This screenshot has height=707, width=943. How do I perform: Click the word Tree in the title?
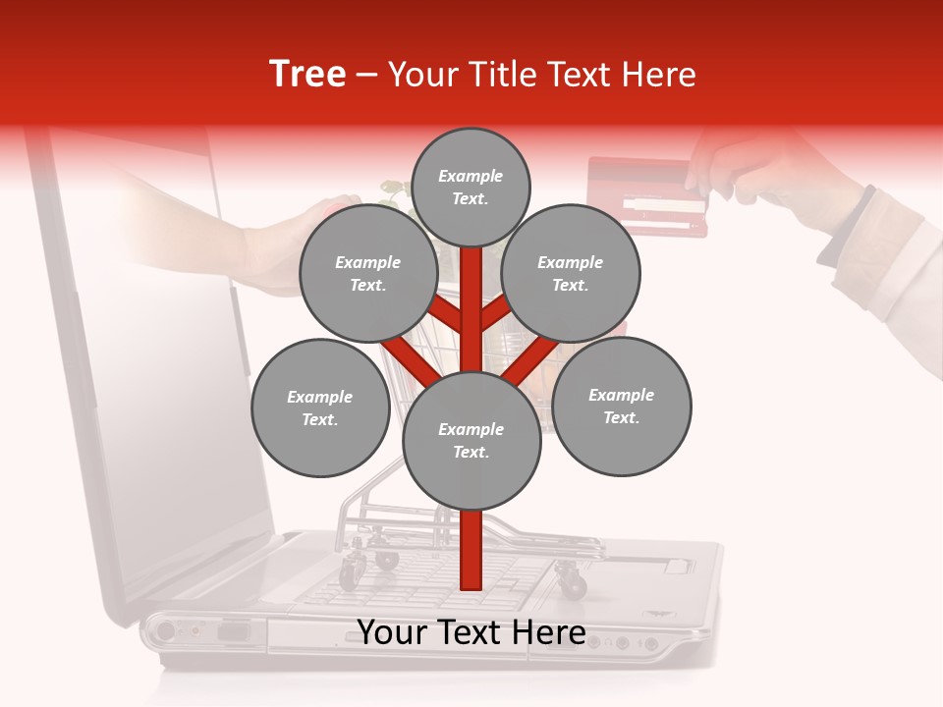click(x=307, y=75)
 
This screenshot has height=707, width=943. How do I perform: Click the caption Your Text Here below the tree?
click(x=471, y=632)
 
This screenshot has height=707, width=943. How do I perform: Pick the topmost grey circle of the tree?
click(x=471, y=187)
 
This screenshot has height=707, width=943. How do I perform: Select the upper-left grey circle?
click(x=368, y=273)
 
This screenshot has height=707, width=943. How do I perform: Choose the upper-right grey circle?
click(x=571, y=273)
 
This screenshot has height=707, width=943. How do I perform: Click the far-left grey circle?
click(x=320, y=408)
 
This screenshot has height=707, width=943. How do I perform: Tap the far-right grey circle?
click(x=622, y=406)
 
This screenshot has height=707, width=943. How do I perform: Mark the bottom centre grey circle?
click(x=471, y=440)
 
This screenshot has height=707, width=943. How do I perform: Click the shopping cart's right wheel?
click(x=572, y=583)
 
